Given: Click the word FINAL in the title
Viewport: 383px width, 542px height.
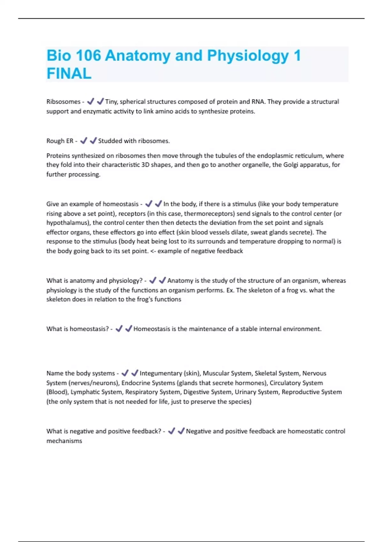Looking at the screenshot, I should pos(69,74).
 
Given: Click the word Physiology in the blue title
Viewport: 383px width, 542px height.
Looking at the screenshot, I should pos(248,56).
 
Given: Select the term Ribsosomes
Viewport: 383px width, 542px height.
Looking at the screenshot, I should pos(63,102).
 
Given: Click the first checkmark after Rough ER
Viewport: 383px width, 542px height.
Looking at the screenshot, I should pos(84,141).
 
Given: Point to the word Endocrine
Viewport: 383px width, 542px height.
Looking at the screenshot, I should pos(135,383).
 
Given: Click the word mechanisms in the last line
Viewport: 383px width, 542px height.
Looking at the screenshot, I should pos(64,441).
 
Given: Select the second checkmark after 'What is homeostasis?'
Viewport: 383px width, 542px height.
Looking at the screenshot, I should pos(129,329).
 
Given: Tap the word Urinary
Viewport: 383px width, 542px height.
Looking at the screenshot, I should pos(246,392).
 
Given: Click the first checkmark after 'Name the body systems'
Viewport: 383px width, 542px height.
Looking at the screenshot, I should pos(125,373).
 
